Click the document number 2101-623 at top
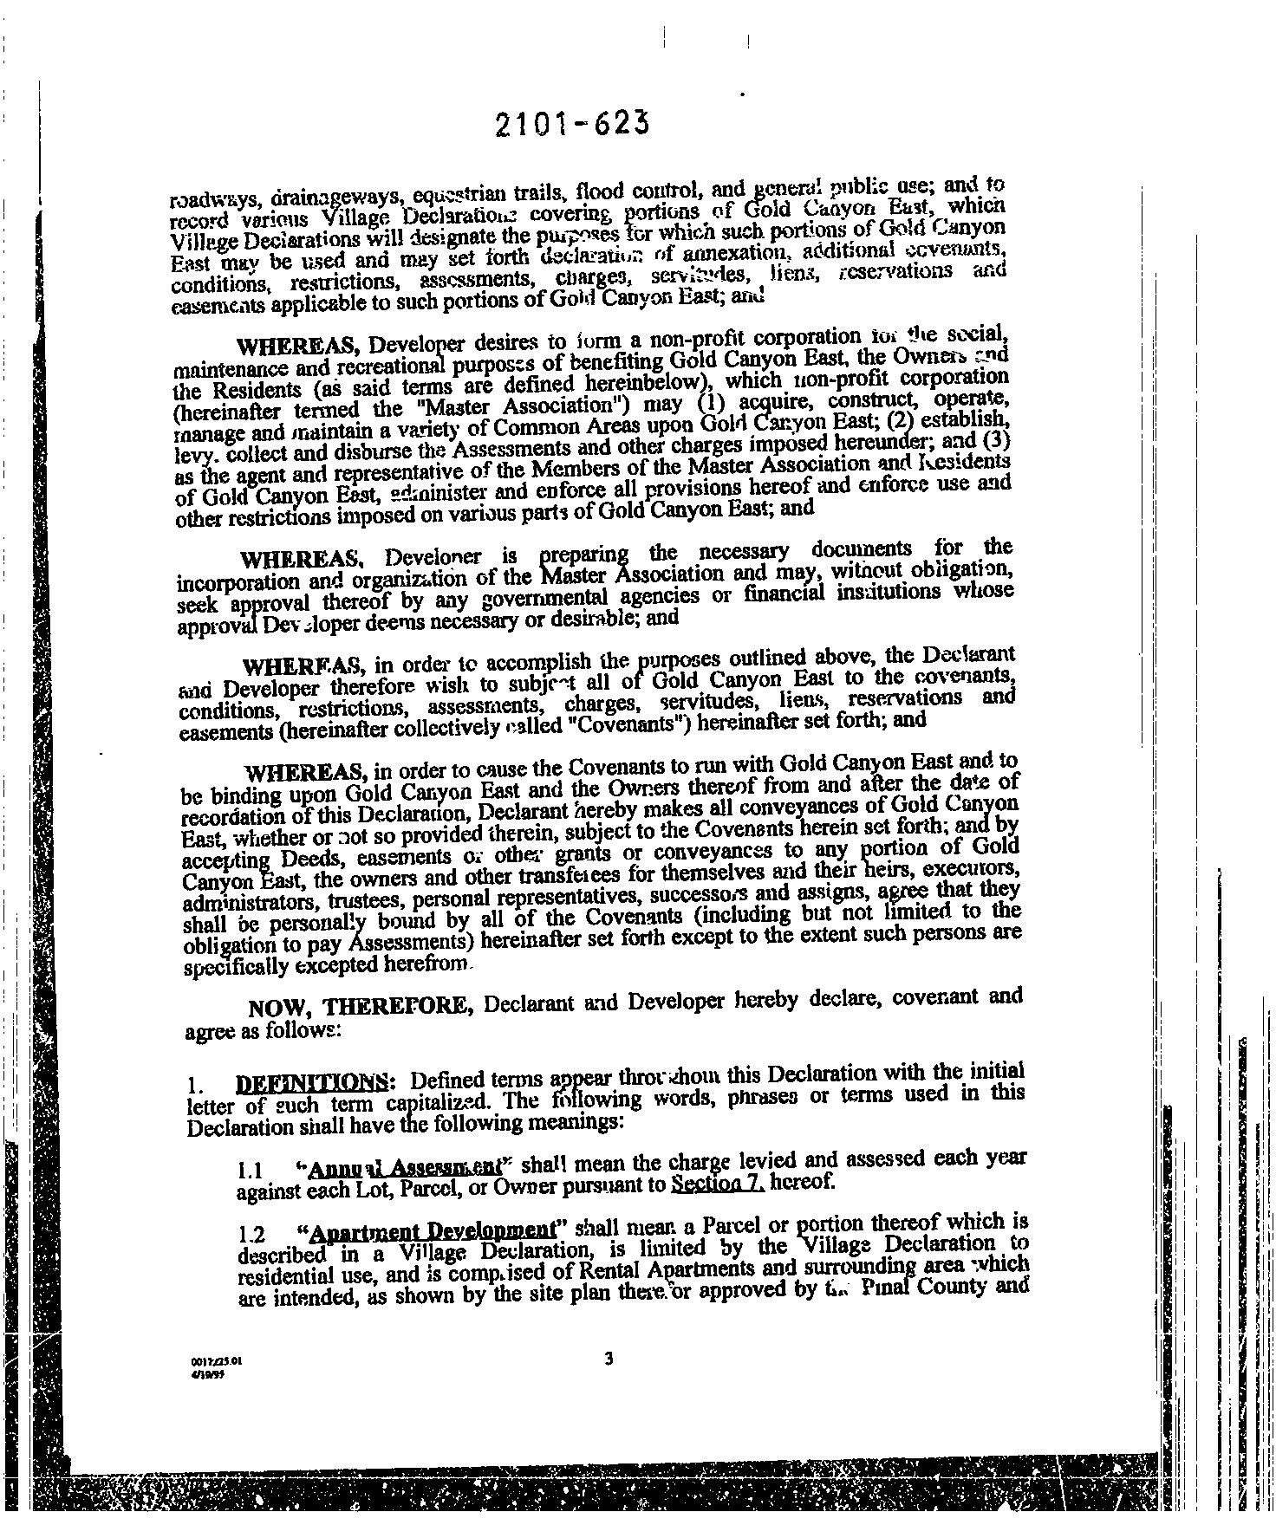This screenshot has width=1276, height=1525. (x=572, y=126)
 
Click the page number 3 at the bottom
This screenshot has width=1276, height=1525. (x=609, y=1359)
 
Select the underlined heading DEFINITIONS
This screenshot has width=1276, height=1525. (x=314, y=1082)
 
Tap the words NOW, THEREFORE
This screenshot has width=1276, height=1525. (x=360, y=1008)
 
